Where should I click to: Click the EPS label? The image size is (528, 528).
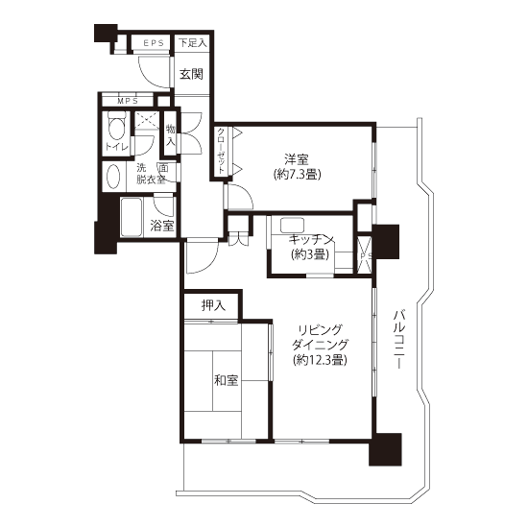pyautogui.click(x=154, y=43)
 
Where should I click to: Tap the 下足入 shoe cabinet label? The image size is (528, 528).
pyautogui.click(x=192, y=43)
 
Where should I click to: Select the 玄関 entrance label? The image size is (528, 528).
pyautogui.click(x=191, y=74)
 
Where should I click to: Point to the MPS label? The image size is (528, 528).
pyautogui.click(x=128, y=101)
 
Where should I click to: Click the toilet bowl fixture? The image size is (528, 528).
pyautogui.click(x=116, y=126)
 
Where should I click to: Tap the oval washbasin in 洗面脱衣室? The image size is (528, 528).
pyautogui.click(x=113, y=177)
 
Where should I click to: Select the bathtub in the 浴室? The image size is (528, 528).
pyautogui.click(x=131, y=217)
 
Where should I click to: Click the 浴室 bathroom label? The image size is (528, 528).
pyautogui.click(x=162, y=226)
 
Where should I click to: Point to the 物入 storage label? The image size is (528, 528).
pyautogui.click(x=171, y=134)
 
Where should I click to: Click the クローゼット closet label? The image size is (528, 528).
pyautogui.click(x=221, y=151)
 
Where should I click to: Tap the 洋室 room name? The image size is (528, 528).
pyautogui.click(x=297, y=159)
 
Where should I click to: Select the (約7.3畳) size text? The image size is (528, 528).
pyautogui.click(x=297, y=174)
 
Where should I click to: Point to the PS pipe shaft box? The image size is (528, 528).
pyautogui.click(x=365, y=254)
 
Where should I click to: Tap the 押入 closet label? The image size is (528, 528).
pyautogui.click(x=213, y=305)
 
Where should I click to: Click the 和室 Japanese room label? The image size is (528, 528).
pyautogui.click(x=227, y=380)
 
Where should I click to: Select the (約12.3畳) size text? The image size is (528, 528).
pyautogui.click(x=320, y=360)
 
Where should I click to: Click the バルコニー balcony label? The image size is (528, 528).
pyautogui.click(x=399, y=340)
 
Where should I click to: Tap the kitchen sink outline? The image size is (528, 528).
pyautogui.click(x=292, y=225)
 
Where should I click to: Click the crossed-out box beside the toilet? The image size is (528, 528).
pyautogui.click(x=147, y=120)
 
